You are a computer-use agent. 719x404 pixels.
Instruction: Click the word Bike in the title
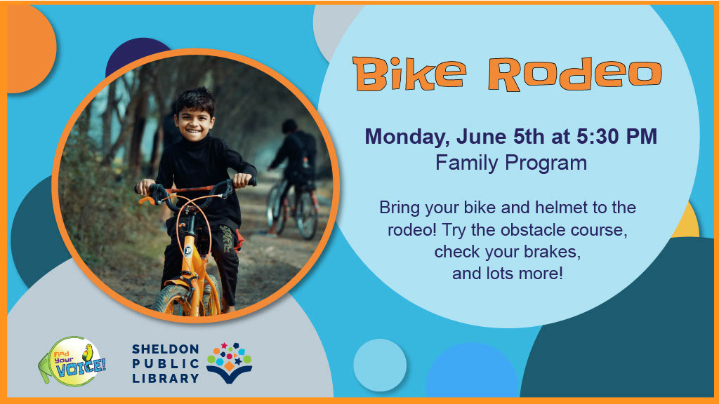[x=409, y=73]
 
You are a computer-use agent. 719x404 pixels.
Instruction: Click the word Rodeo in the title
[x=575, y=73]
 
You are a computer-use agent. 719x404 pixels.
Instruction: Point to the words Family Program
[x=511, y=163]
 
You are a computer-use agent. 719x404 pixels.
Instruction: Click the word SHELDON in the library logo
[x=165, y=349]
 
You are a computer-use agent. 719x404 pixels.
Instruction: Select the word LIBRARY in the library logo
[x=165, y=378]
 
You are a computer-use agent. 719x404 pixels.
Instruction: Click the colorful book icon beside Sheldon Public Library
[x=230, y=363]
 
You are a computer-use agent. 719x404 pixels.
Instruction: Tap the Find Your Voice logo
[x=72, y=362]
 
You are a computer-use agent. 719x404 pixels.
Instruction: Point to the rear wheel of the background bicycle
[x=306, y=215]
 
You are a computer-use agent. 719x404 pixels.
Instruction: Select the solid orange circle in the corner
[x=29, y=48]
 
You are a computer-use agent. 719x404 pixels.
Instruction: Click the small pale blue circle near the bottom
[x=380, y=365]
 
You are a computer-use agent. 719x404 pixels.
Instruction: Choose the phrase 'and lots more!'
[x=507, y=274]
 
